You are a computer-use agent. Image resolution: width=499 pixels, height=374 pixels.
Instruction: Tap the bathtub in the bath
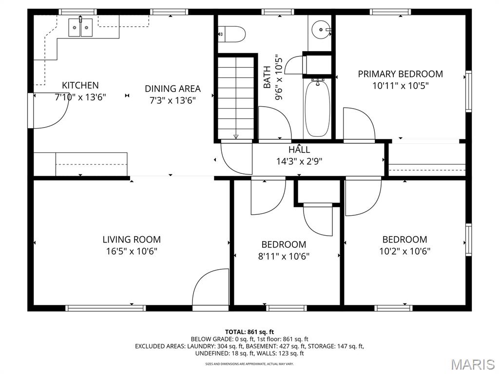(x=317, y=109)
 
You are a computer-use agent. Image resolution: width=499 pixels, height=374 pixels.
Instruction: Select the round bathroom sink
(x=321, y=30)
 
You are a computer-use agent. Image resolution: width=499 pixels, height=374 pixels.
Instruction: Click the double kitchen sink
(x=80, y=27)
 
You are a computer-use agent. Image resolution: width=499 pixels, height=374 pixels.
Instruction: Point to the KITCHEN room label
(x=80, y=85)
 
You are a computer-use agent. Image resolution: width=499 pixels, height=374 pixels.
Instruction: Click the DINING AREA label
(x=173, y=89)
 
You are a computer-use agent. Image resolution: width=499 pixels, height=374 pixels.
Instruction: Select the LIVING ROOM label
(x=132, y=239)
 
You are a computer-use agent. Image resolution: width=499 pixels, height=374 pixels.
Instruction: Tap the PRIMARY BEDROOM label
(x=401, y=74)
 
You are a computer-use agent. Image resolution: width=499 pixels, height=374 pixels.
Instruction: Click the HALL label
(x=299, y=150)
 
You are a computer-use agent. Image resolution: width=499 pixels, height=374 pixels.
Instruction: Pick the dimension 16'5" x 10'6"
(x=132, y=251)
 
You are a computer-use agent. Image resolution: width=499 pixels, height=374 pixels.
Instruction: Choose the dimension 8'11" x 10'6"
(x=284, y=256)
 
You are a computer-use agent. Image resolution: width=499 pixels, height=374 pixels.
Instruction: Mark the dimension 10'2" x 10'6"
(x=405, y=251)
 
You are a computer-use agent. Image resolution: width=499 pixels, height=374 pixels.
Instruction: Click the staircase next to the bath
(x=236, y=97)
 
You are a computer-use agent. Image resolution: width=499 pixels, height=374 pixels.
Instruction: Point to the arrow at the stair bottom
(x=236, y=136)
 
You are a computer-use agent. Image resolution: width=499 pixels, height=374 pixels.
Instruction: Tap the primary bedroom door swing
(x=359, y=124)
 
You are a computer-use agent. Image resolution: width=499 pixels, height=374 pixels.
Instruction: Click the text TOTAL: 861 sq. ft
(x=249, y=332)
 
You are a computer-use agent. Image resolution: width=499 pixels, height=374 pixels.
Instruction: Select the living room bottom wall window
(x=106, y=308)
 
